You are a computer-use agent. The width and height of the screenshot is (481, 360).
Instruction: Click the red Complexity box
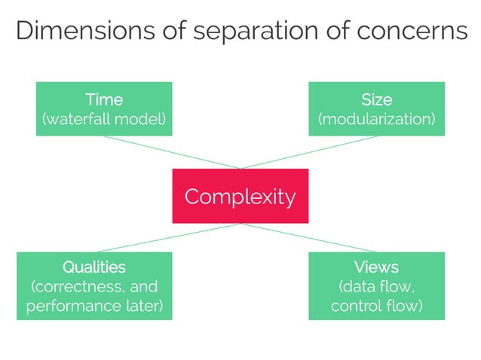240,197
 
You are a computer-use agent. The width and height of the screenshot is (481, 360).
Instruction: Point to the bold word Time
104,99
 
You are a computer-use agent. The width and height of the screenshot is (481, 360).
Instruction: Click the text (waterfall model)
104,119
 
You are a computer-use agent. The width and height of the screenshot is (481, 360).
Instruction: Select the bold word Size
376,99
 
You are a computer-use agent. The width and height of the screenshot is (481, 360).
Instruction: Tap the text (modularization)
376,119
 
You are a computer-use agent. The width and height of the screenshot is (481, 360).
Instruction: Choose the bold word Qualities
94,267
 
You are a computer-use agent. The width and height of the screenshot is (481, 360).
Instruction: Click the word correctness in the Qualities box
75,287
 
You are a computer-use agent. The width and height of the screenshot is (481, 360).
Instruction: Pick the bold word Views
376,267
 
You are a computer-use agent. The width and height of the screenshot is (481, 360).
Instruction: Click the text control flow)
376,307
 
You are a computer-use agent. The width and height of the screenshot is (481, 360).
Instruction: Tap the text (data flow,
376,287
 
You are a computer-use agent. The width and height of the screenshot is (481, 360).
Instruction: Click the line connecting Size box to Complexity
308,153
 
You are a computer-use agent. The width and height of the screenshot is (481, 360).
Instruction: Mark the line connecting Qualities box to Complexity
169,238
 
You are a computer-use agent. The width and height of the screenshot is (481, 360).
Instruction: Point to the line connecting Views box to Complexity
308,238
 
